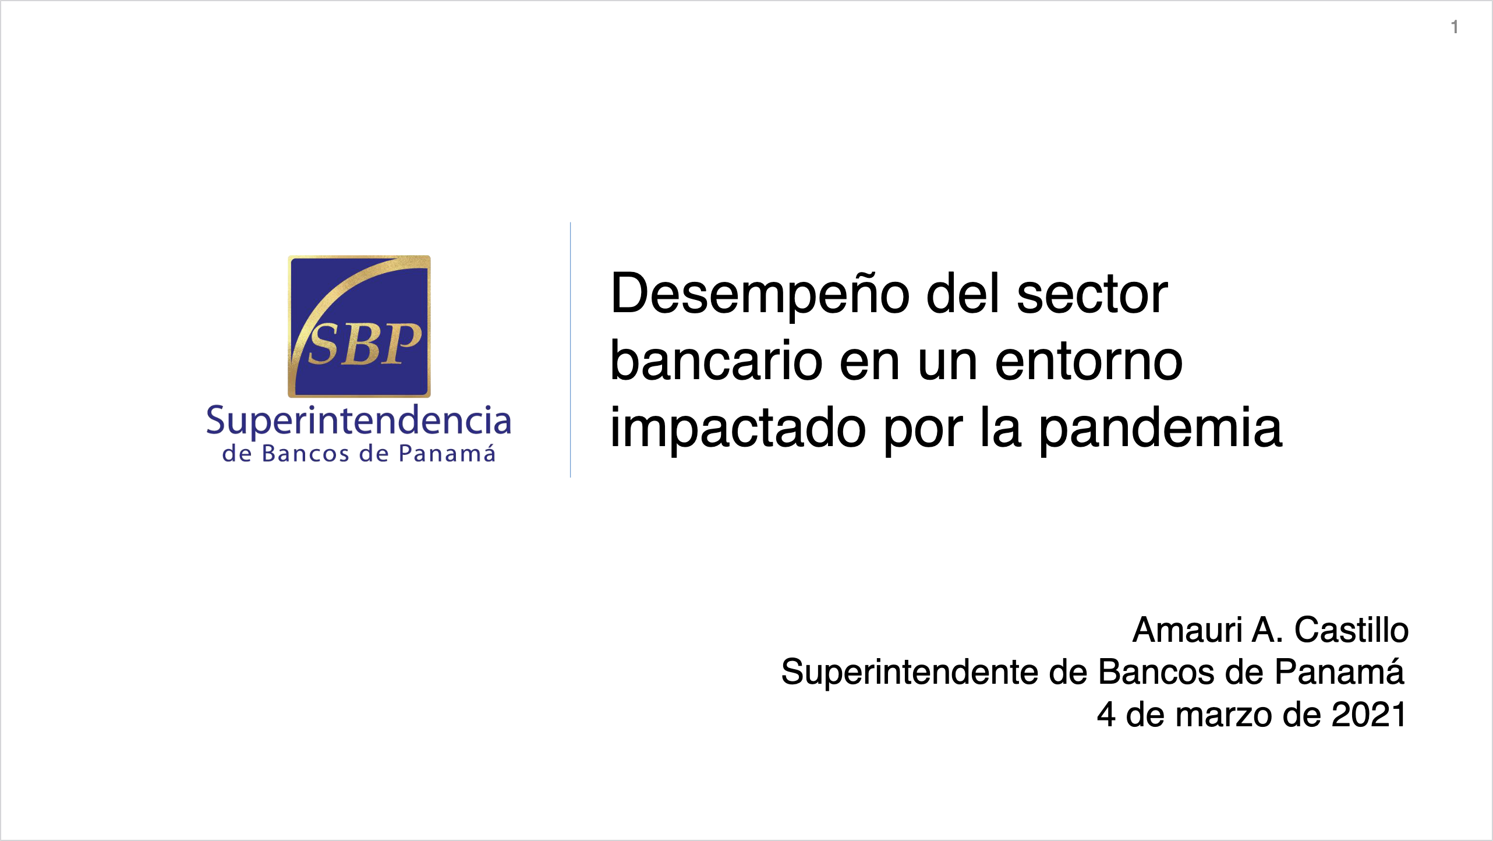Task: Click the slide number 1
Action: (1455, 27)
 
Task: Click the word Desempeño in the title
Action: (760, 295)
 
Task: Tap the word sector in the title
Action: (1092, 295)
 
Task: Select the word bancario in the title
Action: (716, 361)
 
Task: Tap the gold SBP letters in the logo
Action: (365, 345)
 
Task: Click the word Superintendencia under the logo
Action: (359, 421)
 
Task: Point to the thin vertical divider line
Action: (570, 349)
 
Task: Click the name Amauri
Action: (1187, 630)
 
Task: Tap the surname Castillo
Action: (1351, 630)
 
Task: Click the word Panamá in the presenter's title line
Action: (1339, 672)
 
